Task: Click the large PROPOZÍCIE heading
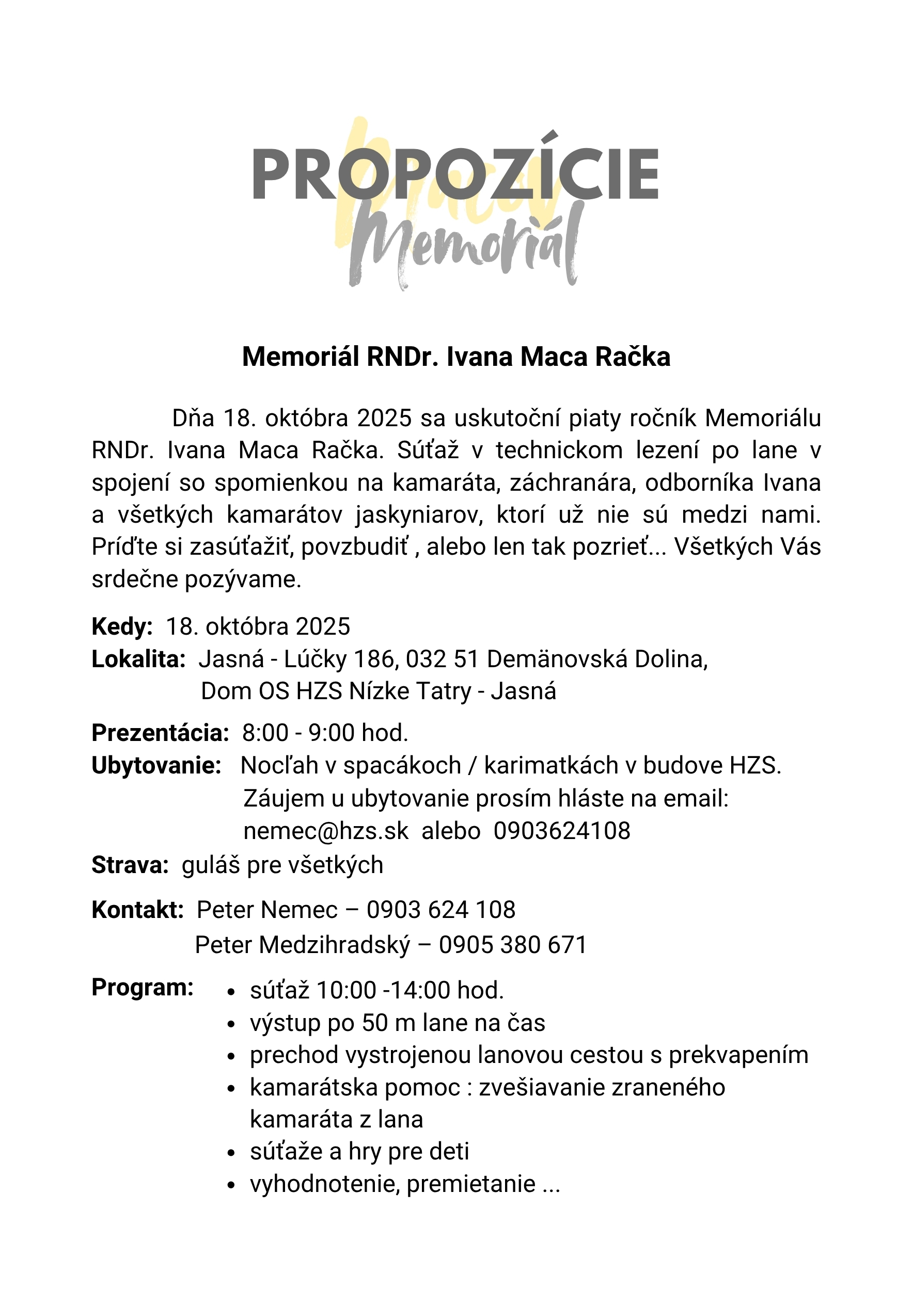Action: pyautogui.click(x=455, y=174)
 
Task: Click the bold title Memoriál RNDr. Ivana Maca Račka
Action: pyautogui.click(x=456, y=357)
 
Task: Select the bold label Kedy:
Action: pyautogui.click(x=122, y=626)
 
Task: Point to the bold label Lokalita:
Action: pyautogui.click(x=138, y=659)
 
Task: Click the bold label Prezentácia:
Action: pyautogui.click(x=160, y=733)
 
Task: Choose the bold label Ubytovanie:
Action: pyautogui.click(x=156, y=765)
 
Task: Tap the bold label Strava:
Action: pyautogui.click(x=130, y=865)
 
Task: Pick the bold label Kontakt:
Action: pyautogui.click(x=138, y=910)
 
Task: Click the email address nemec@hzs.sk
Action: pyautogui.click(x=326, y=831)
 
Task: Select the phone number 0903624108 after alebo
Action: pyautogui.click(x=562, y=831)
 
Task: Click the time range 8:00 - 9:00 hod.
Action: pyautogui.click(x=325, y=733)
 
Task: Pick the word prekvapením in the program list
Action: pyautogui.click(x=738, y=1055)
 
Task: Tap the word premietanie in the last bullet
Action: pyautogui.click(x=471, y=1184)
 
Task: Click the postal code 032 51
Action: pyautogui.click(x=442, y=659)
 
